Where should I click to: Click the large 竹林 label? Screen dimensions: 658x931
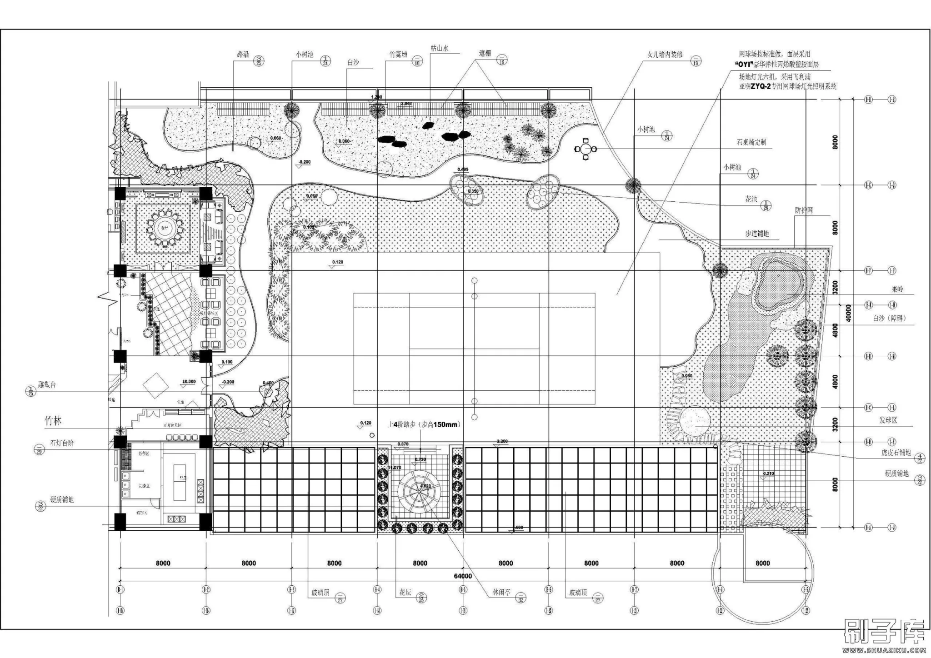click(x=53, y=421)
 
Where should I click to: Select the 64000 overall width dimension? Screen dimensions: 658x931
click(x=463, y=576)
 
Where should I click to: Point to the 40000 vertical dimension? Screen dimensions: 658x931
click(x=848, y=314)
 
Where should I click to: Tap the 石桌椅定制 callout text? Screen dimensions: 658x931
click(x=751, y=142)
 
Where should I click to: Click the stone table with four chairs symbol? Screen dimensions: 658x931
click(x=585, y=149)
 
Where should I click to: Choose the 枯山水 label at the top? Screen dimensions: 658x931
click(x=440, y=48)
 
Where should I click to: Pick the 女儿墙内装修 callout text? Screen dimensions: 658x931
click(x=665, y=55)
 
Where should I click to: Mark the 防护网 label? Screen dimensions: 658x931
click(x=804, y=211)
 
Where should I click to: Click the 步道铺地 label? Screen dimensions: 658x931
click(x=756, y=234)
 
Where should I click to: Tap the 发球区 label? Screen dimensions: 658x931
click(x=887, y=421)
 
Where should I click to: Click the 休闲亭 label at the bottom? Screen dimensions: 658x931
click(x=502, y=593)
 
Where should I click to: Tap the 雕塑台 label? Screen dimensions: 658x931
click(x=47, y=385)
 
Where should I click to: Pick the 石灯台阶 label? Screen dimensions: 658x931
click(x=62, y=443)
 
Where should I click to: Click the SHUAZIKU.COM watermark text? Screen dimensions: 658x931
click(x=884, y=651)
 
